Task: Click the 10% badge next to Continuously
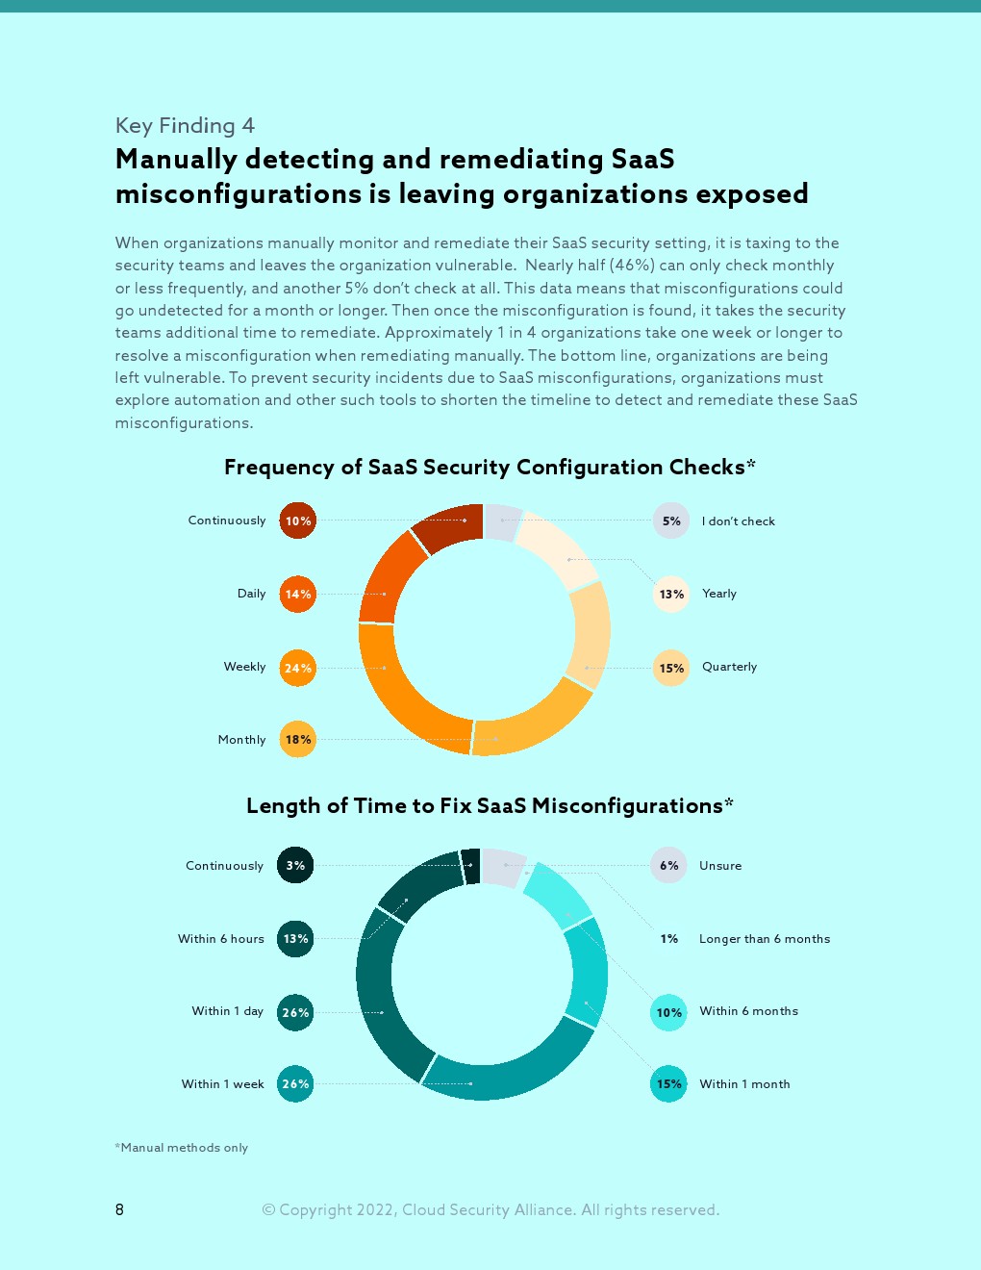point(298,521)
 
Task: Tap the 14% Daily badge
point(298,594)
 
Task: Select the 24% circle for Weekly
point(298,668)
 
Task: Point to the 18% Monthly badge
point(298,739)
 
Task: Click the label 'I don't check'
point(738,521)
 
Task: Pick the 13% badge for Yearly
point(671,594)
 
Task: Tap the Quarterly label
point(729,667)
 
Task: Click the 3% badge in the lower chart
point(295,865)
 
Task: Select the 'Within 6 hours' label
point(221,939)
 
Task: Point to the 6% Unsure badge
point(669,865)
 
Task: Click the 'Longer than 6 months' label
point(765,939)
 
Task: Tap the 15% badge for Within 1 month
point(669,1084)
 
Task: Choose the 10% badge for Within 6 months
point(669,1012)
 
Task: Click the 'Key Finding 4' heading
point(185,126)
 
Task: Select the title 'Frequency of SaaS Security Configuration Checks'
point(490,468)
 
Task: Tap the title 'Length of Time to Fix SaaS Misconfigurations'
point(490,806)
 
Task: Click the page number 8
point(119,1209)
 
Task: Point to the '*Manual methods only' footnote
point(182,1148)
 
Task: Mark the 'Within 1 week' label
point(223,1084)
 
